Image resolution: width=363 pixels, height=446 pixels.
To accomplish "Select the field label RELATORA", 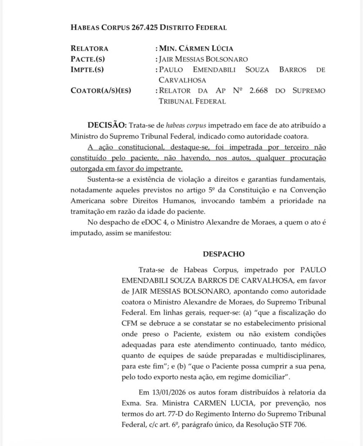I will pyautogui.click(x=89, y=48).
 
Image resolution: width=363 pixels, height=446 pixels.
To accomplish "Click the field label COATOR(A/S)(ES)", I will pyautogui.click(x=101, y=91).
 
